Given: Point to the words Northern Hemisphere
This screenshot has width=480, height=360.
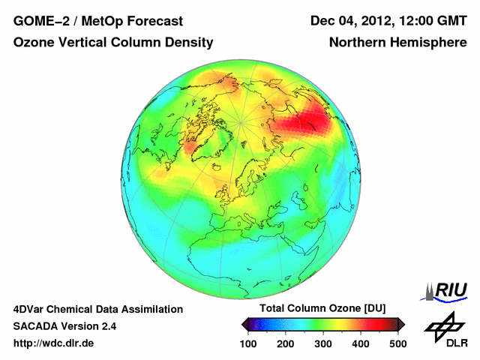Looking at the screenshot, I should point(397,43).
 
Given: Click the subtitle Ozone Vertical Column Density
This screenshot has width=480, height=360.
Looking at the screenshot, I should point(112,43).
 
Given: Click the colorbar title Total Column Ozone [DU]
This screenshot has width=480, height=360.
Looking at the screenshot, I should point(322,309).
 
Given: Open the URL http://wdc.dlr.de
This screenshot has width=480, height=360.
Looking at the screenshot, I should point(54,343).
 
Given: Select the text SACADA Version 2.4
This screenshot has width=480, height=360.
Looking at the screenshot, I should point(64,326).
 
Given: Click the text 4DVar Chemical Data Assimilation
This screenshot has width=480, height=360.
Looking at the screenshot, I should point(97,309).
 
